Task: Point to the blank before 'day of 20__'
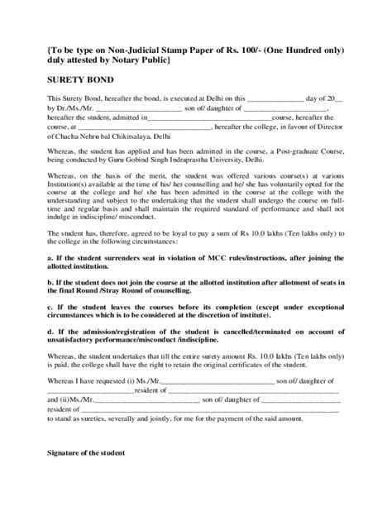click(254, 99)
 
